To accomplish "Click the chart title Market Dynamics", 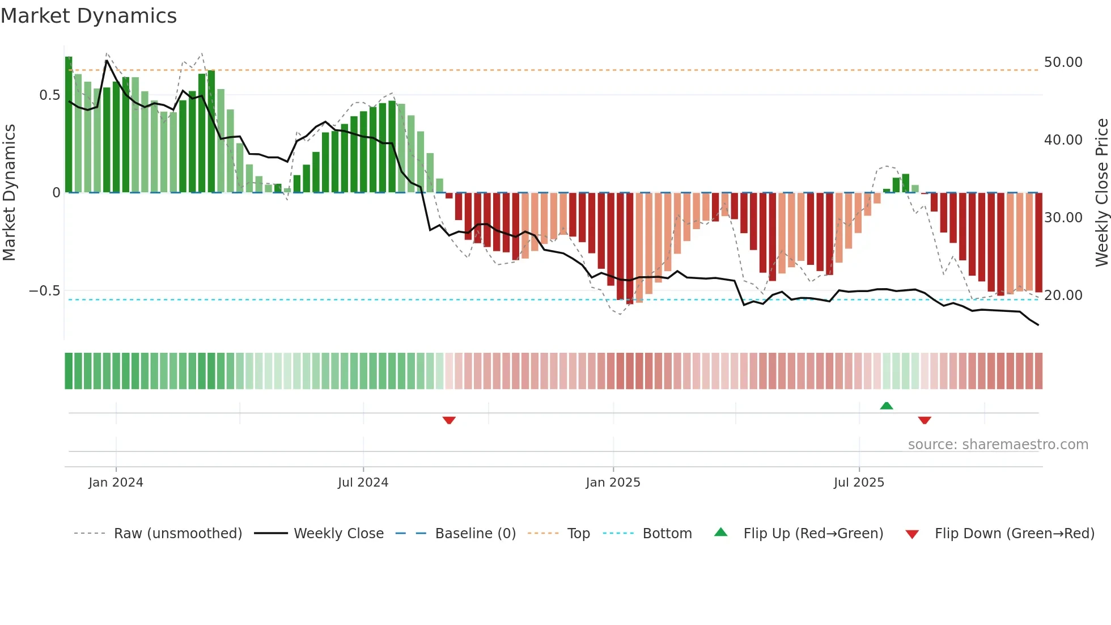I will tap(88, 16).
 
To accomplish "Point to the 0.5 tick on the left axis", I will tap(49, 95).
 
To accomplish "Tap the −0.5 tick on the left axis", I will tap(44, 291).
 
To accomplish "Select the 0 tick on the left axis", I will tap(56, 193).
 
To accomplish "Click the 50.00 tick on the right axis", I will tap(1063, 62).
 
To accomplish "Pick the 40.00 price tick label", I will tap(1063, 140).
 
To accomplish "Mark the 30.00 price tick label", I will tap(1063, 218).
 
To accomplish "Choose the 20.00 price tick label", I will tap(1063, 295).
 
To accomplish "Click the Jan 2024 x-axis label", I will tap(116, 483).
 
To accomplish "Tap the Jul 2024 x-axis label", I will tap(363, 483).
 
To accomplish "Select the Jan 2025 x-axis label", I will tap(613, 483).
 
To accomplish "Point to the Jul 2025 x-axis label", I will tap(859, 483).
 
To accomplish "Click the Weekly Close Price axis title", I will tap(1101, 192).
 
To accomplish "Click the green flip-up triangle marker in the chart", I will tap(887, 406).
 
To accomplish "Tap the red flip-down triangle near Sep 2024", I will tap(449, 420).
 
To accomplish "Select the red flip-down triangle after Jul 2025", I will tap(925, 420).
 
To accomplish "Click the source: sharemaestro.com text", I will tap(998, 445).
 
